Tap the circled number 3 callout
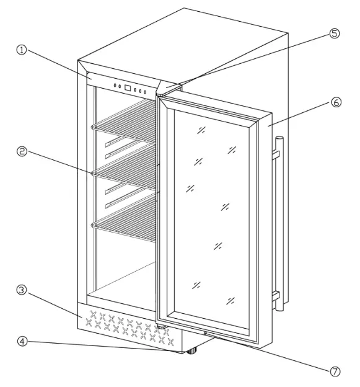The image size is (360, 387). (20, 290)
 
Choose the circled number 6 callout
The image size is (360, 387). (335, 102)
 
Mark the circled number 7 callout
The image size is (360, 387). (335, 371)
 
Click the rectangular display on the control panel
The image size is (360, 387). (128, 88)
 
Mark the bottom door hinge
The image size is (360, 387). (162, 327)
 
